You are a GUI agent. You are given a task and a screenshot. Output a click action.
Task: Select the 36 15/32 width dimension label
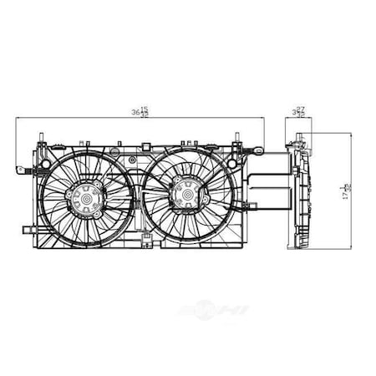[x=144, y=112]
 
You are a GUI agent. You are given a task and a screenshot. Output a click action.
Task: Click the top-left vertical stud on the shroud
[x=40, y=135]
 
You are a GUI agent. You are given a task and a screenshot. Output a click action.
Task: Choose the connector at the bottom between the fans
[x=145, y=245]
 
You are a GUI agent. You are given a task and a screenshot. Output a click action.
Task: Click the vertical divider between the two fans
[x=137, y=201]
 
